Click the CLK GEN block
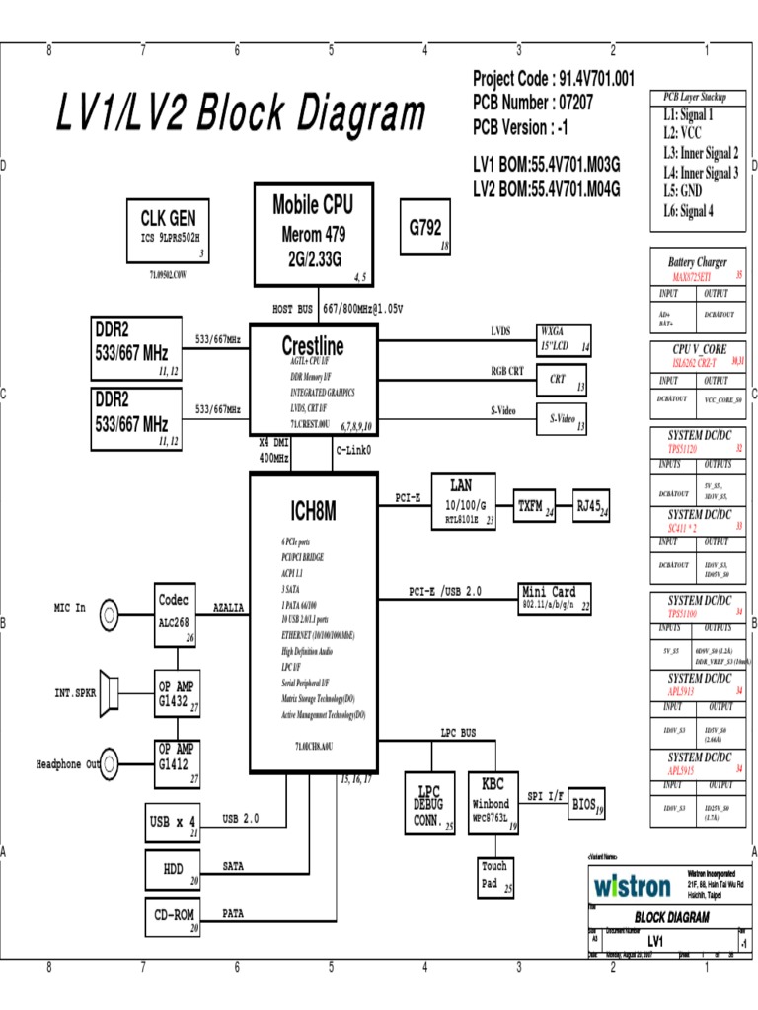point(168,230)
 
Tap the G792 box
point(425,228)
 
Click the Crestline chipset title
point(313,347)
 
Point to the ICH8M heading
point(313,511)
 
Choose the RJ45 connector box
point(592,506)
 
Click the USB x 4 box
point(174,821)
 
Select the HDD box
point(174,869)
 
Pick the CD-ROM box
point(174,915)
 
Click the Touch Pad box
point(494,875)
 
